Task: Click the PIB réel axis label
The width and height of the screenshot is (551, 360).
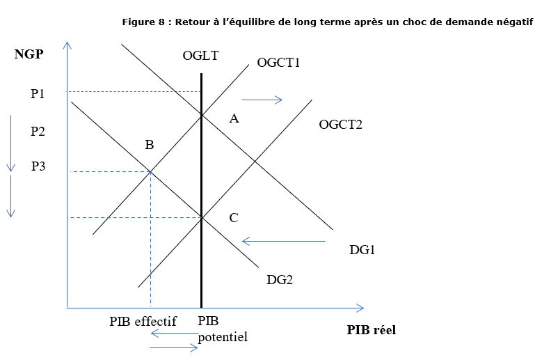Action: [371, 330]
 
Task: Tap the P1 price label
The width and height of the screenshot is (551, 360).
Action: [38, 93]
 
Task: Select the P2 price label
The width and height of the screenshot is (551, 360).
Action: [38, 130]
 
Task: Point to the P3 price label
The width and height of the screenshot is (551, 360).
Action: [39, 166]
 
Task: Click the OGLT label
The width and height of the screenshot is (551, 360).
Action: [201, 56]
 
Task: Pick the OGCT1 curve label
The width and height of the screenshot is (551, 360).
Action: [278, 63]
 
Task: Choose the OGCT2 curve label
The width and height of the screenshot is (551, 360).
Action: [340, 125]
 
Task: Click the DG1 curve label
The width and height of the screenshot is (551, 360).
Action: [362, 249]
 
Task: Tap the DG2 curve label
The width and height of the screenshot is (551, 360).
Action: [280, 279]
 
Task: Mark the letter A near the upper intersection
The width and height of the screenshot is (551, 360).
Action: [234, 119]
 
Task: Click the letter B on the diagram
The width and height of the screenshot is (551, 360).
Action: [149, 145]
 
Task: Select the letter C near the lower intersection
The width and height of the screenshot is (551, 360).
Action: [234, 218]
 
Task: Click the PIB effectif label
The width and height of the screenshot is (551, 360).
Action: [143, 322]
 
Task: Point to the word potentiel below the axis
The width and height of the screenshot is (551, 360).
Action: [223, 336]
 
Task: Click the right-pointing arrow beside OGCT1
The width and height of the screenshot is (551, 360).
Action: [262, 100]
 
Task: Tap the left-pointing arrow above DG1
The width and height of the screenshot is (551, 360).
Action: [283, 242]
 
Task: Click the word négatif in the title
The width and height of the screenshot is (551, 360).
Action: [513, 22]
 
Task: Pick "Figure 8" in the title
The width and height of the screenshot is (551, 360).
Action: [143, 22]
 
